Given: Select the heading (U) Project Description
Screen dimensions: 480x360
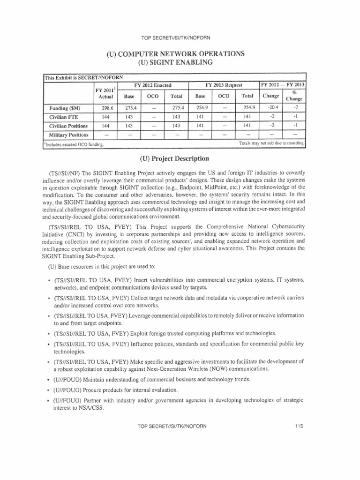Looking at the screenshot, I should pos(180,158).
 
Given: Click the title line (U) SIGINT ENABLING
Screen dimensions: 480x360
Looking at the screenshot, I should pos(180,62).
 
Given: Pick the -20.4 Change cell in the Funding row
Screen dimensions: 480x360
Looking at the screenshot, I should pos(270,107).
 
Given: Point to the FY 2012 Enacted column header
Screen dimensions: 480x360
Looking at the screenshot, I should pos(152,85).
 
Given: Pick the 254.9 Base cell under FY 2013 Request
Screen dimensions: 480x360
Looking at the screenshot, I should pos(200,107).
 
